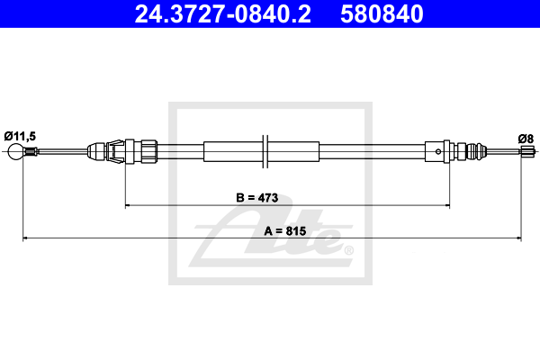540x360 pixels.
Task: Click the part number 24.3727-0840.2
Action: [223, 14]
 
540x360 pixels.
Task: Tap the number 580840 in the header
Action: [382, 14]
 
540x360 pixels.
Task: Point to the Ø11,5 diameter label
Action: [20, 136]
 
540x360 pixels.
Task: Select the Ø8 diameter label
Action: [526, 139]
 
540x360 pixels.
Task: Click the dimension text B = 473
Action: [256, 198]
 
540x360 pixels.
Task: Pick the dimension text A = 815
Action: [284, 230]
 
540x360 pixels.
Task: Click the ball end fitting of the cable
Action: [15, 151]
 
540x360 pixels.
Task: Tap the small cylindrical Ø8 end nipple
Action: [526, 151]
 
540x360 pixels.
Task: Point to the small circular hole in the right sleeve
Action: [438, 151]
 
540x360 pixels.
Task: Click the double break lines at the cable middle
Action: [265, 151]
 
